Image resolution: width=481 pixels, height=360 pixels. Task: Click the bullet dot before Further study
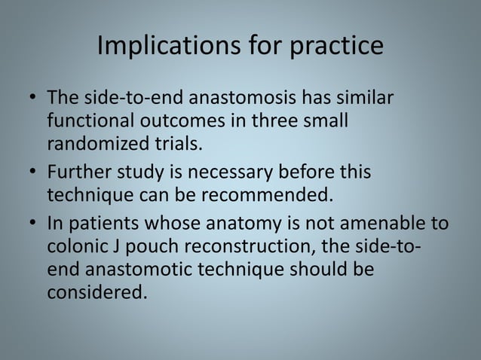(x=32, y=171)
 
